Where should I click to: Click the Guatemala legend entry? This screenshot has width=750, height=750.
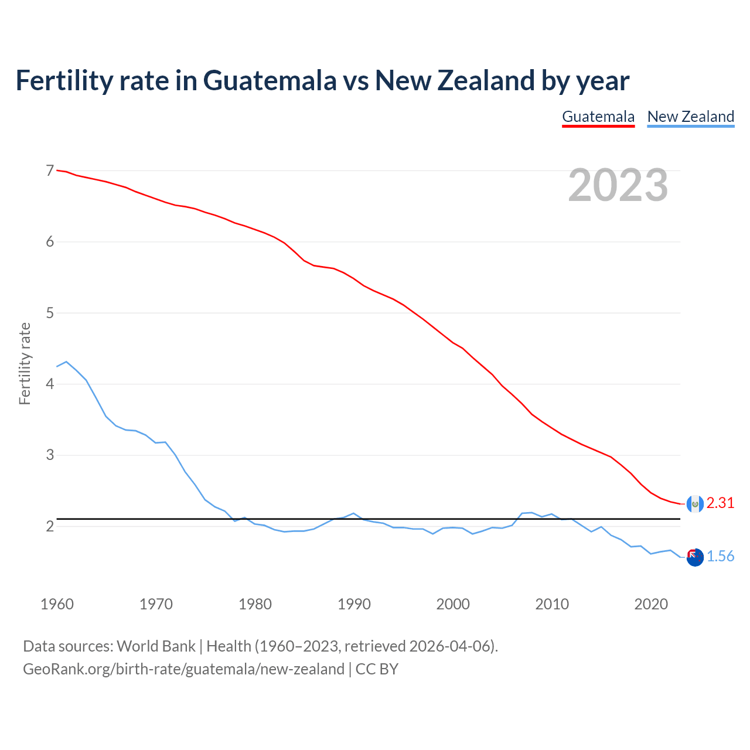598,117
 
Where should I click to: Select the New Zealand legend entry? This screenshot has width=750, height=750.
690,117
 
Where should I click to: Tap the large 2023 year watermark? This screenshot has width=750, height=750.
618,185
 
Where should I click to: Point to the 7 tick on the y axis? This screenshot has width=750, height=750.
50,171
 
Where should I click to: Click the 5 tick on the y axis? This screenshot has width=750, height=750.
50,313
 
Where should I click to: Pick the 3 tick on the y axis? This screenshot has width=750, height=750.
50,455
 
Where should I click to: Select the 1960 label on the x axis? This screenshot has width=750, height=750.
57,604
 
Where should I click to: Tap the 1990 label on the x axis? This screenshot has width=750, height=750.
354,604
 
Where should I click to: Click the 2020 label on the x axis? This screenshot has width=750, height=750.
651,604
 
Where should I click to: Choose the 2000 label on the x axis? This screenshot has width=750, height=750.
453,604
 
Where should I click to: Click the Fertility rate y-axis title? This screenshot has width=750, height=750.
25,363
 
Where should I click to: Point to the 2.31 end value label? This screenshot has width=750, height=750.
720,503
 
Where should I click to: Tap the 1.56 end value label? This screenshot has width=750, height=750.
720,556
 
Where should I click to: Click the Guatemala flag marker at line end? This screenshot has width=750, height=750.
695,503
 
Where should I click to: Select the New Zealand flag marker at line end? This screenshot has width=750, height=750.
695,557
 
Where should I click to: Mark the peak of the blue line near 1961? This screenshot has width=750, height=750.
66,362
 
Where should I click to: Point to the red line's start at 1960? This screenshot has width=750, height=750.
57,170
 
